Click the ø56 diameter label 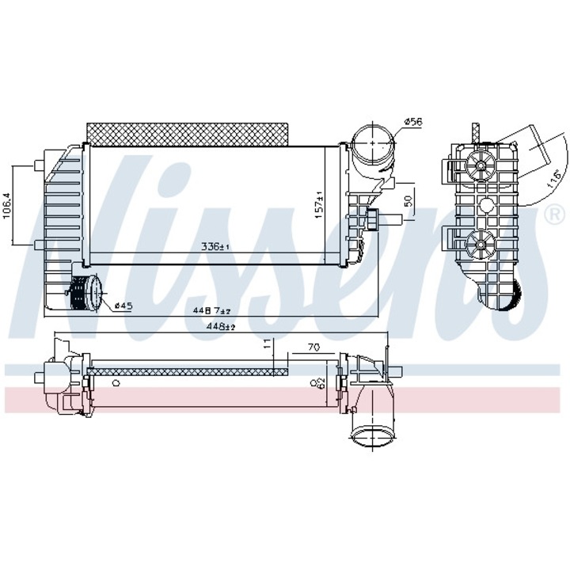(x=413, y=122)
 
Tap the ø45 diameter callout (x=123, y=305)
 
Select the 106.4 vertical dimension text (x=7, y=206)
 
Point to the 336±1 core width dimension (x=215, y=247)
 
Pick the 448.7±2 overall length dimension (x=212, y=310)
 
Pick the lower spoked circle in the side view (x=478, y=244)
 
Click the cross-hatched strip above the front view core (x=185, y=132)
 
